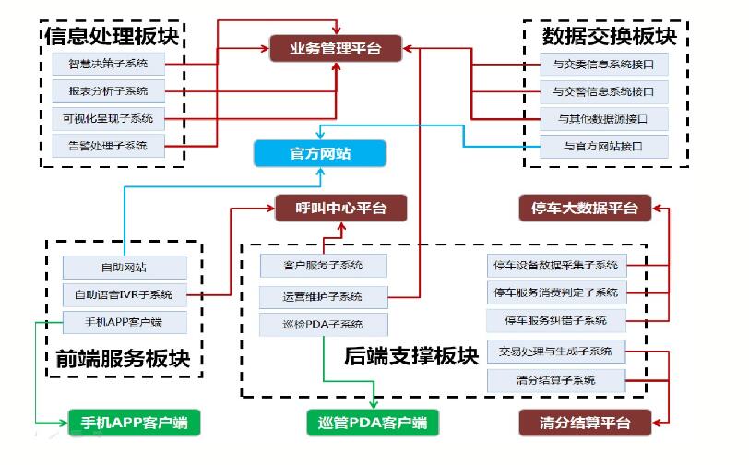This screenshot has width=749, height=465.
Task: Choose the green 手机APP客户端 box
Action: pyautogui.click(x=133, y=423)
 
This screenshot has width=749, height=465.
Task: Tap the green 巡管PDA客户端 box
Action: pyautogui.click(x=372, y=423)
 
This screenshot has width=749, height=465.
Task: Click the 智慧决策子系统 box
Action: pyautogui.click(x=108, y=64)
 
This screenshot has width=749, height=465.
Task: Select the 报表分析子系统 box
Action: pyautogui.click(x=108, y=91)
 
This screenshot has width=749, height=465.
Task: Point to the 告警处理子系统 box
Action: pyautogui.click(x=108, y=145)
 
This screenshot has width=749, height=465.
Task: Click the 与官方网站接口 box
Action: pyautogui.click(x=603, y=146)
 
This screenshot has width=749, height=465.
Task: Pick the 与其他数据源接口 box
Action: pyautogui.click(x=603, y=119)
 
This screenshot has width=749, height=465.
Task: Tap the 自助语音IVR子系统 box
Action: pyautogui.click(x=124, y=295)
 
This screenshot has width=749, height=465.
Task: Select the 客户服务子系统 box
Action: pyautogui.click(x=323, y=266)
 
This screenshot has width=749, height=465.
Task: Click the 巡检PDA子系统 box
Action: pyautogui.click(x=323, y=324)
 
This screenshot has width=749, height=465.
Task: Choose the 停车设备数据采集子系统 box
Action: pyautogui.click(x=555, y=266)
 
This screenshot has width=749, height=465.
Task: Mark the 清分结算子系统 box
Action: pyautogui.click(x=555, y=379)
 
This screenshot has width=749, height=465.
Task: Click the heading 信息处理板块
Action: pyautogui.click(x=112, y=36)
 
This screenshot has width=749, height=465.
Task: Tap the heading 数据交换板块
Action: pyautogui.click(x=609, y=36)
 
